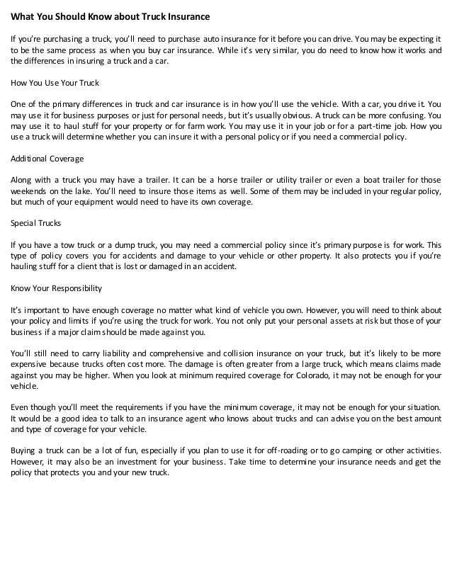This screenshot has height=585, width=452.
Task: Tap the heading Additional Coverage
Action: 46,159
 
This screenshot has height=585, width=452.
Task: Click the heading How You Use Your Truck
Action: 54,82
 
